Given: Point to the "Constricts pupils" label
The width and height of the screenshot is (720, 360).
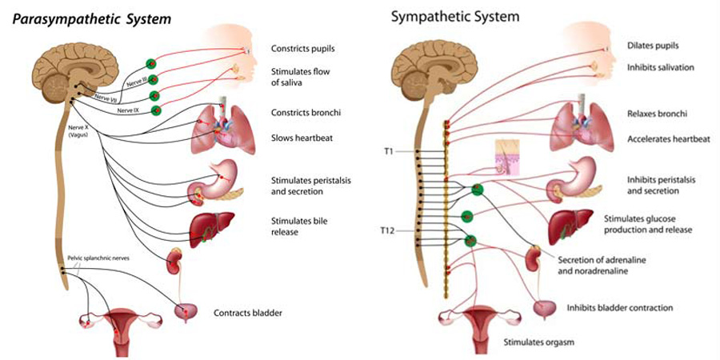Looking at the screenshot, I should pos(302,49).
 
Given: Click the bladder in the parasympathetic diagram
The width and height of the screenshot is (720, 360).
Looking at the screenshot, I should pos(189,311).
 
